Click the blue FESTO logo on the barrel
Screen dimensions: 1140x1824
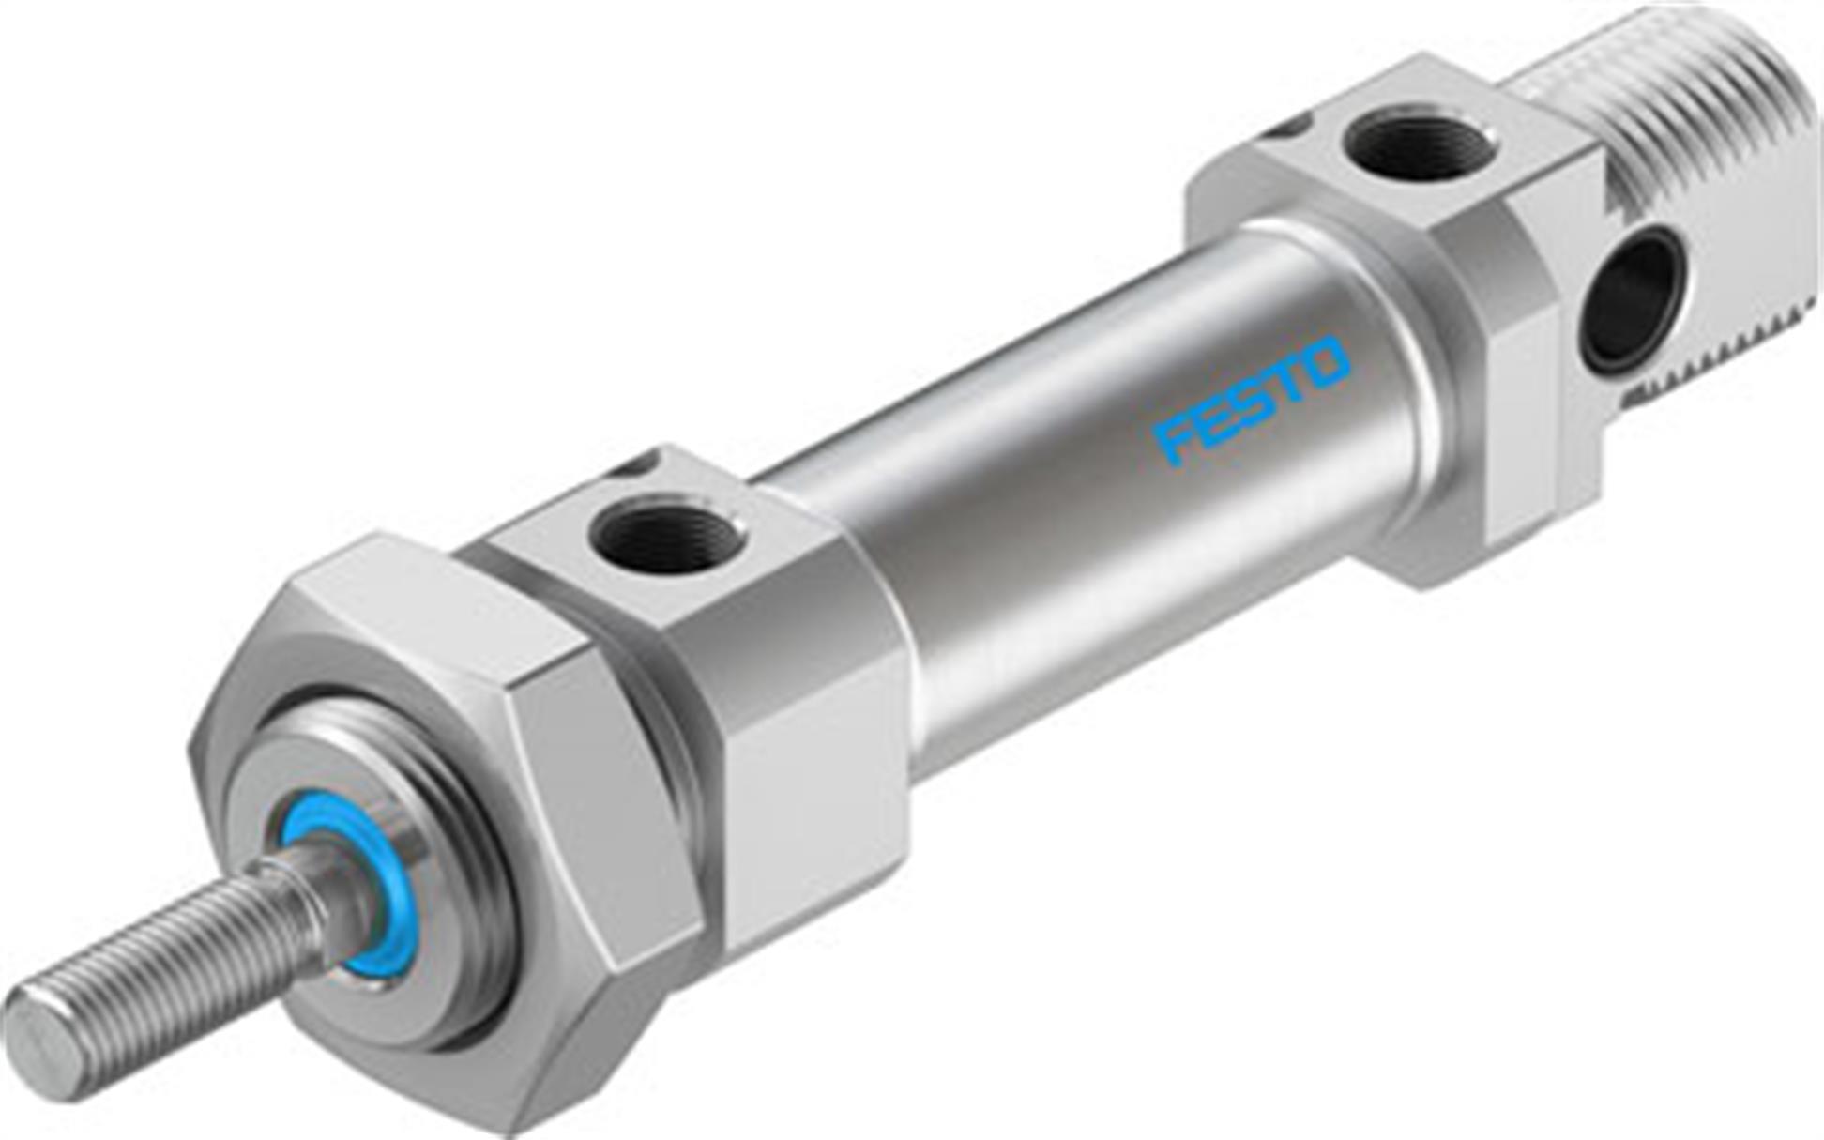pyautogui.click(x=1253, y=401)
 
